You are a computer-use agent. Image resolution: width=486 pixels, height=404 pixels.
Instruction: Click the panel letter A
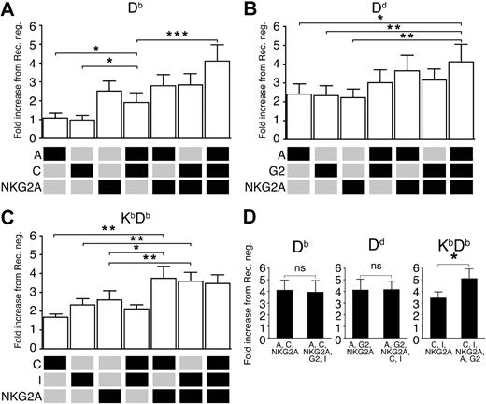coord(8,8)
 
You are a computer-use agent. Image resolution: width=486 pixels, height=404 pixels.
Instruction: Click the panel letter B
coord(253,8)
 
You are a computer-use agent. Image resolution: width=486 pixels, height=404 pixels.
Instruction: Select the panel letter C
coord(8,209)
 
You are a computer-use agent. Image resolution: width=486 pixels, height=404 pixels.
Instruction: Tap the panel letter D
coord(253,209)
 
